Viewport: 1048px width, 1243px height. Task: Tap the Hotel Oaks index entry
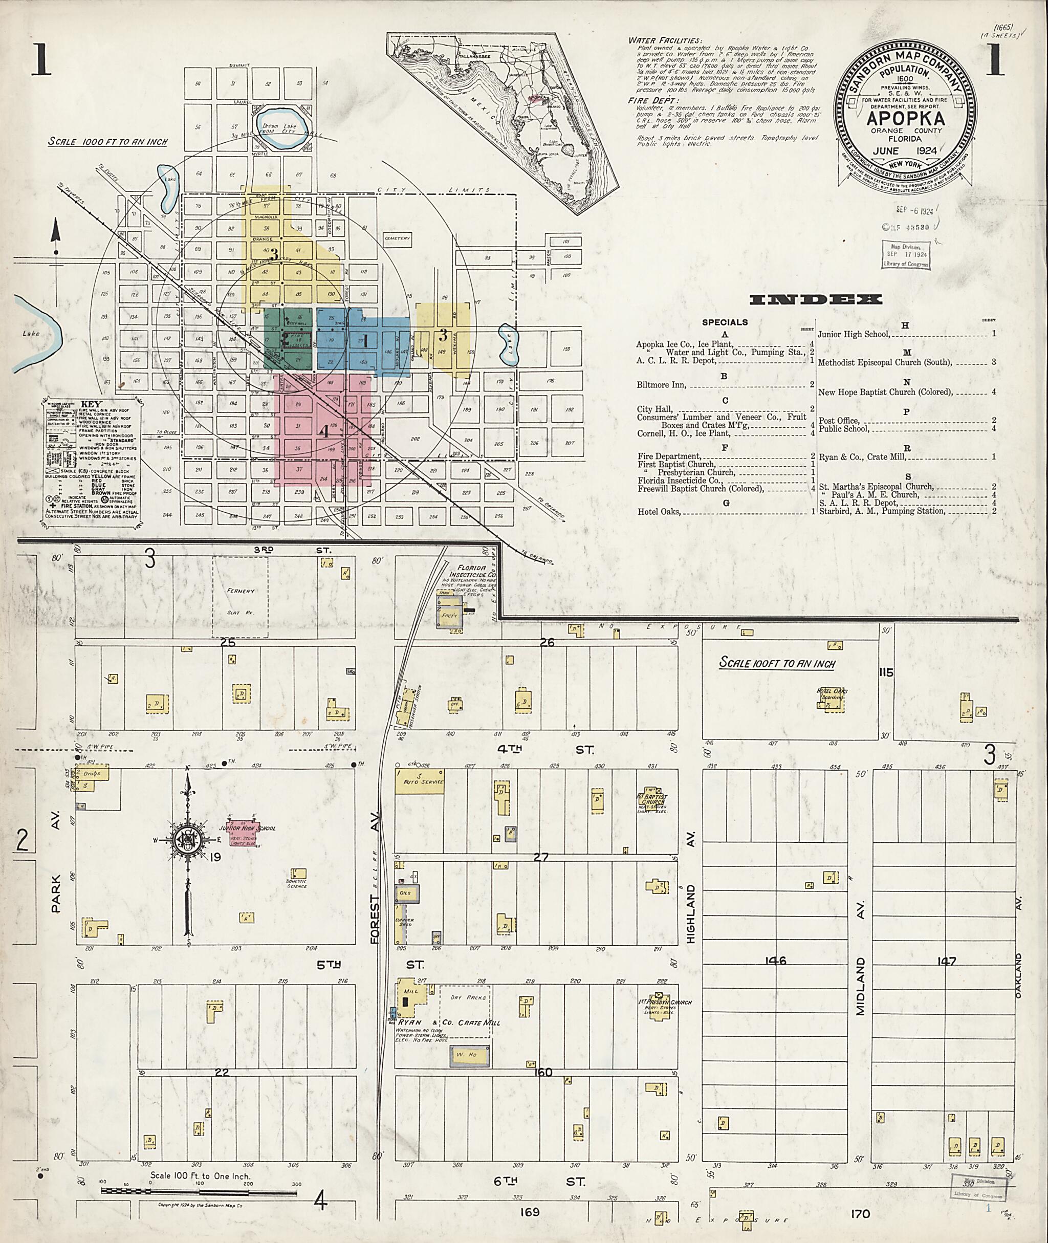pyautogui.click(x=659, y=512)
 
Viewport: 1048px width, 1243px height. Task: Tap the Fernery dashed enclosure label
pyautogui.click(x=241, y=591)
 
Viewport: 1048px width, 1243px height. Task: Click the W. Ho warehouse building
pyautogui.click(x=470, y=1054)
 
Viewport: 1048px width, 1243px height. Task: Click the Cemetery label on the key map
pyautogui.click(x=397, y=239)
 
